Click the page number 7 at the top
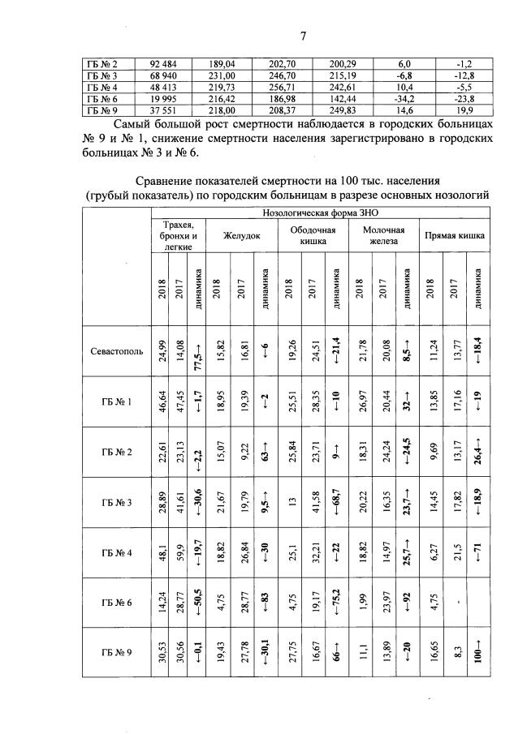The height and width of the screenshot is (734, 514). pos(301,36)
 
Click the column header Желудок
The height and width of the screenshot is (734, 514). pos(242,235)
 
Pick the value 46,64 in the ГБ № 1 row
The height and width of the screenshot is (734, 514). pos(162,401)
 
